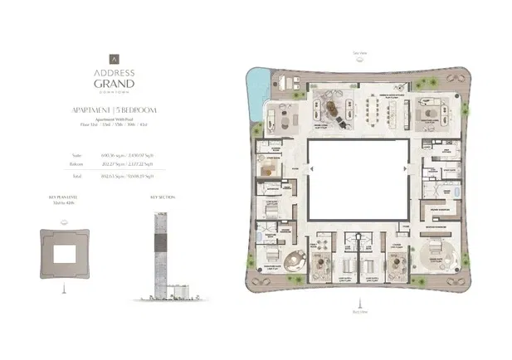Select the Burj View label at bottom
click(x=358, y=313)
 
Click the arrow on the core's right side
click(x=407, y=170)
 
